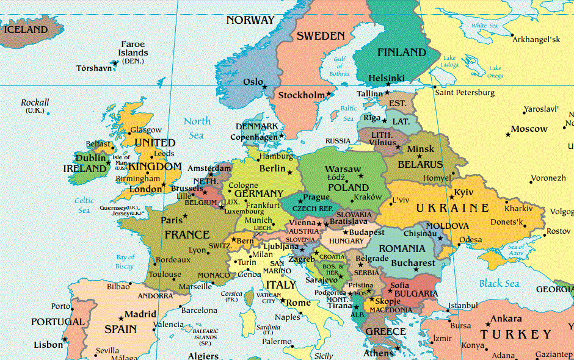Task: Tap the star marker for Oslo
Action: click(x=265, y=87)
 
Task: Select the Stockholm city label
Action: click(x=302, y=95)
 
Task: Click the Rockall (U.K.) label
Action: click(x=35, y=106)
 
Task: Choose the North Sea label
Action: click(x=197, y=128)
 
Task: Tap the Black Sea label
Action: click(x=499, y=283)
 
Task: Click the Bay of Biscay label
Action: click(x=125, y=262)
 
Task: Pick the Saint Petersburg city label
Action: click(x=465, y=93)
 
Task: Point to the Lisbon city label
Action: click(x=48, y=345)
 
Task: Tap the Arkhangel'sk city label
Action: click(x=536, y=39)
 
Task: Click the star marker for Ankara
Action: click(x=487, y=323)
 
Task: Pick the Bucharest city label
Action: click(x=413, y=264)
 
